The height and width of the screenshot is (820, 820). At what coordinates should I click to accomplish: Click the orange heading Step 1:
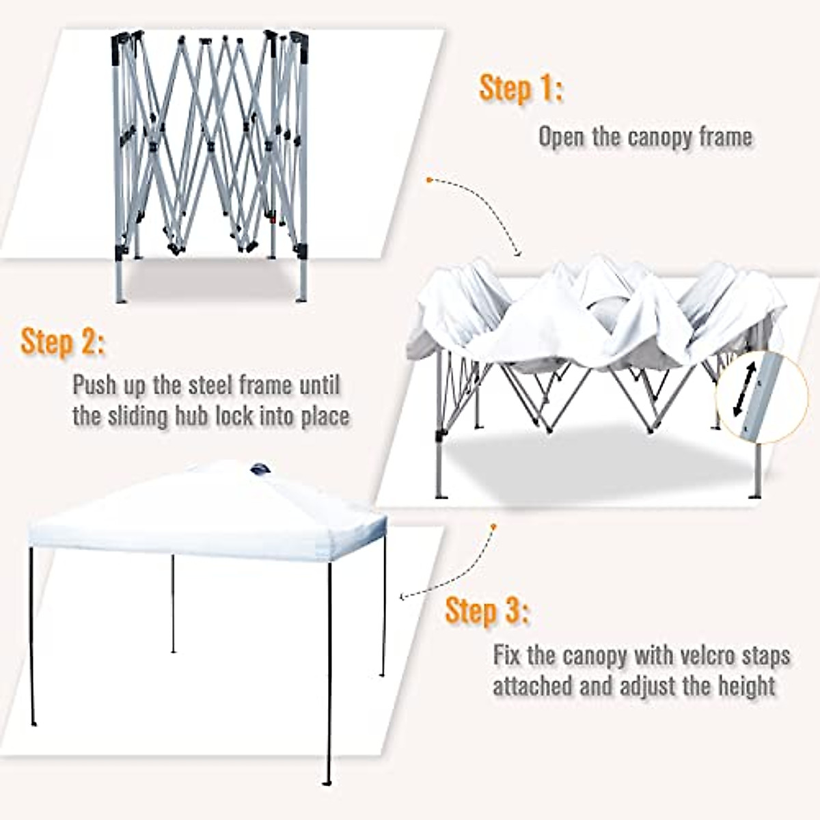521,90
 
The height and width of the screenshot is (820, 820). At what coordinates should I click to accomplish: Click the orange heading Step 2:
64,342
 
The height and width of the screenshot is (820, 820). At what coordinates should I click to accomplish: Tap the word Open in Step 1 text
562,137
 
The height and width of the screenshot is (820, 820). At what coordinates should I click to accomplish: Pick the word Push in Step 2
96,385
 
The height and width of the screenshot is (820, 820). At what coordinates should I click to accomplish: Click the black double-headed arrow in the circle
744,390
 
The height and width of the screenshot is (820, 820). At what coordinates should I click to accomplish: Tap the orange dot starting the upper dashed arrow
428,180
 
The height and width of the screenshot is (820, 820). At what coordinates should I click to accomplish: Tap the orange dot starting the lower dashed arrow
492,526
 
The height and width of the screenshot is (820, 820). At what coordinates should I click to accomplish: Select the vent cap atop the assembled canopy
260,469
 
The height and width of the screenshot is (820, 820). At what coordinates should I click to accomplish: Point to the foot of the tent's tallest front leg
328,782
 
